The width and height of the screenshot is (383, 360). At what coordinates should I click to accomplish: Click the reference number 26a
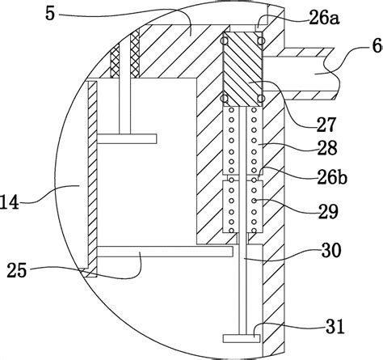[x=324, y=19]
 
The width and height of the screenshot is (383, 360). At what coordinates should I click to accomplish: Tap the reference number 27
[x=326, y=125]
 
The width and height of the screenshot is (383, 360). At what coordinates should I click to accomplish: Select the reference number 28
[x=326, y=148]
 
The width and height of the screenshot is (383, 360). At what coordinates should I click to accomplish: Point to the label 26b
[x=332, y=178]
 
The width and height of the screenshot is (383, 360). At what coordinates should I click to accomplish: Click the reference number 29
[x=328, y=211]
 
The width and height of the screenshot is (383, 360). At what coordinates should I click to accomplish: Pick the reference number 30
[x=331, y=250]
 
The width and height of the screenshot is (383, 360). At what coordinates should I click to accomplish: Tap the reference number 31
[x=335, y=327]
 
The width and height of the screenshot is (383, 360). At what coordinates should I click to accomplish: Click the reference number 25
[x=17, y=270]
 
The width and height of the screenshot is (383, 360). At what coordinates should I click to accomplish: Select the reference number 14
[x=10, y=202]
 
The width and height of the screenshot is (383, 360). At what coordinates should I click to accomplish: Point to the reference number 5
[x=50, y=14]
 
